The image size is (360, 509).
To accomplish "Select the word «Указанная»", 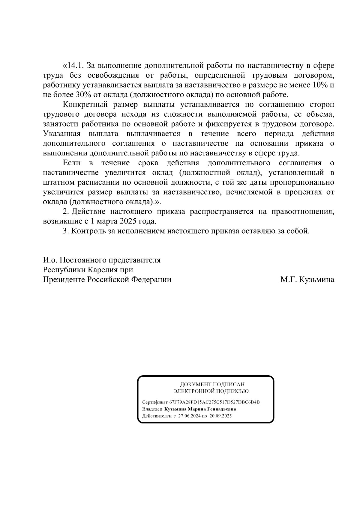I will (x=62, y=134).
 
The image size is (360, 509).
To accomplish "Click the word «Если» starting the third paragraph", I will (x=72, y=163).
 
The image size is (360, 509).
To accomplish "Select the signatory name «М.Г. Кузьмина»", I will (x=307, y=280).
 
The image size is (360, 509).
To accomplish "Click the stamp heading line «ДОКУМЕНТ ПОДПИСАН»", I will (x=212, y=384).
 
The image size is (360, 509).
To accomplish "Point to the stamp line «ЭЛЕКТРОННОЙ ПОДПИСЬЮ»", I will (x=211, y=391).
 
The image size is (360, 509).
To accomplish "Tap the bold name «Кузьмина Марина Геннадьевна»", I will (x=200, y=409).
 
